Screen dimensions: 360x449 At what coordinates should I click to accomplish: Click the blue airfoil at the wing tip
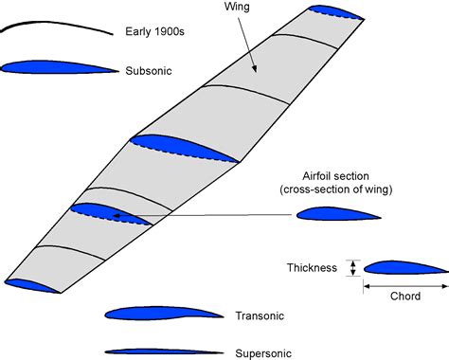336,11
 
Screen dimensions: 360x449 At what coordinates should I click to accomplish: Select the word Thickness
312,268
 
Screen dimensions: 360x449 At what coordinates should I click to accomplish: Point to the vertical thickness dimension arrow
354,268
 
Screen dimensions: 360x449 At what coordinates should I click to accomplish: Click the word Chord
405,296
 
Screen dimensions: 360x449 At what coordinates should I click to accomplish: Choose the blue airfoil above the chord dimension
404,267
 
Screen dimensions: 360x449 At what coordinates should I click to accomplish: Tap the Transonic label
259,315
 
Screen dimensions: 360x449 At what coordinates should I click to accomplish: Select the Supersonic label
262,350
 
